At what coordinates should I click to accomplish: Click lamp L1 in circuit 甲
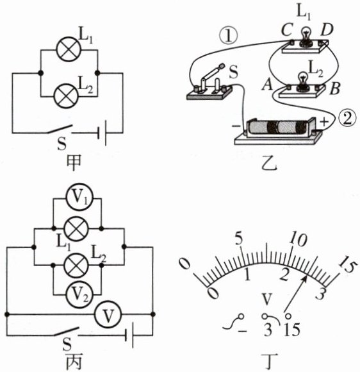tap(69, 49)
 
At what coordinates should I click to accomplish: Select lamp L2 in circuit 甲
tap(66, 96)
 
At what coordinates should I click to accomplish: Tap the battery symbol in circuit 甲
tap(102, 133)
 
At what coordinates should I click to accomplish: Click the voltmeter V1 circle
tap(79, 197)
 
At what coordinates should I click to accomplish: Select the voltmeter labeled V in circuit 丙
tap(108, 314)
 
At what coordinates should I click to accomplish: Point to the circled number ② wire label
tap(348, 119)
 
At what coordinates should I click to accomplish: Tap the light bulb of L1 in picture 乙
tap(306, 37)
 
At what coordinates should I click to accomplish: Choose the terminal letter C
tap(286, 30)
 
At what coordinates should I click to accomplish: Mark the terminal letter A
tap(267, 85)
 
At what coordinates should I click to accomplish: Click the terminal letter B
tap(335, 89)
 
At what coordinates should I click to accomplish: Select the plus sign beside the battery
tap(324, 122)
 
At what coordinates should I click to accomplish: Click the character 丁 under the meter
tap(269, 362)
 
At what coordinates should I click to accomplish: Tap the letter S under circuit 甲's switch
tap(62, 144)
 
